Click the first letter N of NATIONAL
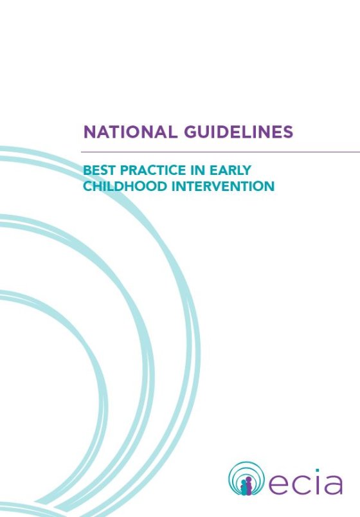(89, 132)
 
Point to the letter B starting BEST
(87, 171)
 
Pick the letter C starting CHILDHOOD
(88, 186)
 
